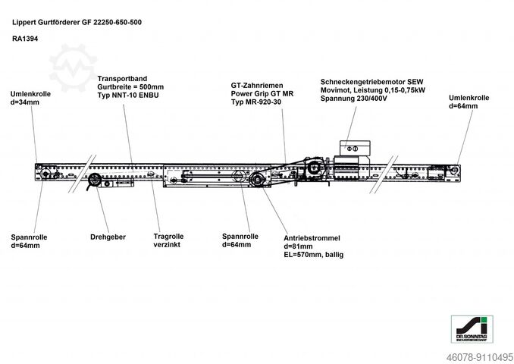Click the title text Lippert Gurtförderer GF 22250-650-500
(77, 22)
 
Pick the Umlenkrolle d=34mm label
(30, 99)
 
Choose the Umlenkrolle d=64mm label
(468, 102)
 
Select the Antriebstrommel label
(312, 237)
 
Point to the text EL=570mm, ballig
(313, 256)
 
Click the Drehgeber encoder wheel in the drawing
(95, 180)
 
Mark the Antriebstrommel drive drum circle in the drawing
(259, 180)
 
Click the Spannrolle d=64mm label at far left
(30, 241)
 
